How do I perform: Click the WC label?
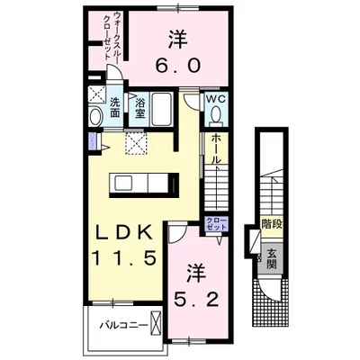point(216,100)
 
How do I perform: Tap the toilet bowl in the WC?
point(216,114)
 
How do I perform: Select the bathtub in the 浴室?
point(161,110)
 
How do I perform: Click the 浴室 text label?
point(139,108)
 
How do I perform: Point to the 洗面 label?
point(114,107)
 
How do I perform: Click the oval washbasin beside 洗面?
point(95,116)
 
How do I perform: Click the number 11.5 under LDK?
point(123,257)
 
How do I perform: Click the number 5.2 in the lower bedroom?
point(196,298)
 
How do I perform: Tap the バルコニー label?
point(123,325)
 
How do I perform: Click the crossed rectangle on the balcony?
point(156,323)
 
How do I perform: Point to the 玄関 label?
point(272,259)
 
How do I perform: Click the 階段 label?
point(272,224)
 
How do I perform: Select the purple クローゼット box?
point(216,224)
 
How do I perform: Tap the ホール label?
point(216,148)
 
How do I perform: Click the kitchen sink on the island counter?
point(123,183)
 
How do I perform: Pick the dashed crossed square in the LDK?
point(136,143)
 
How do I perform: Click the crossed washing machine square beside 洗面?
point(97,94)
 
